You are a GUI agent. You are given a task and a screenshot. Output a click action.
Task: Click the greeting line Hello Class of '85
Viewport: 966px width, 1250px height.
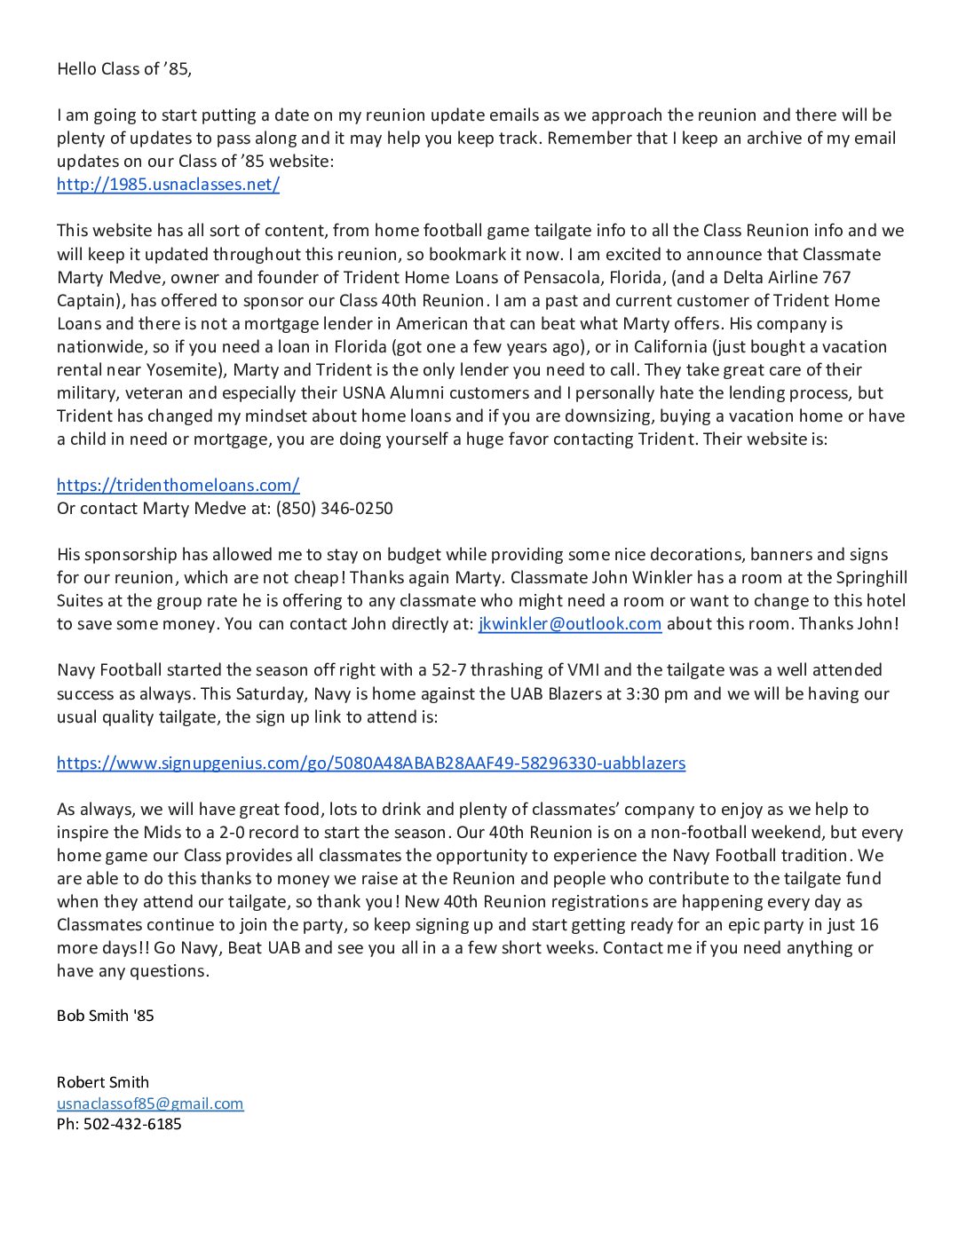click(124, 69)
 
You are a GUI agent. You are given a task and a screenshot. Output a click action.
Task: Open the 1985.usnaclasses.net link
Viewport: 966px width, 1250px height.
click(168, 185)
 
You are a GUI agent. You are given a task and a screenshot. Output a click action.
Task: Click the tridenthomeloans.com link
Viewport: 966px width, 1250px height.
click(178, 486)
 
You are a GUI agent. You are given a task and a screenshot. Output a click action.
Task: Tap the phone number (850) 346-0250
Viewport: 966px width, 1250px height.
click(334, 509)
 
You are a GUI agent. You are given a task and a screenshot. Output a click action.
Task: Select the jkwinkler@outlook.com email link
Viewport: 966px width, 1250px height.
click(569, 624)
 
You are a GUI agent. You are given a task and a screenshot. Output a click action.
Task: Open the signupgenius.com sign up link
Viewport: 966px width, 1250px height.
click(370, 763)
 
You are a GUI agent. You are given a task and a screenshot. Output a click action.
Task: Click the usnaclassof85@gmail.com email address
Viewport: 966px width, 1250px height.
click(149, 1104)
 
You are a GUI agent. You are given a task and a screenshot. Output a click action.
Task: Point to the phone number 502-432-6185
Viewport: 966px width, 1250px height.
click(132, 1124)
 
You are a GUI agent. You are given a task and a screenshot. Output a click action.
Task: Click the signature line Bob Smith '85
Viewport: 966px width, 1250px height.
click(105, 1016)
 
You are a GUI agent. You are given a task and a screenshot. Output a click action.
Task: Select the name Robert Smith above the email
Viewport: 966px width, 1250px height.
click(102, 1082)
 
